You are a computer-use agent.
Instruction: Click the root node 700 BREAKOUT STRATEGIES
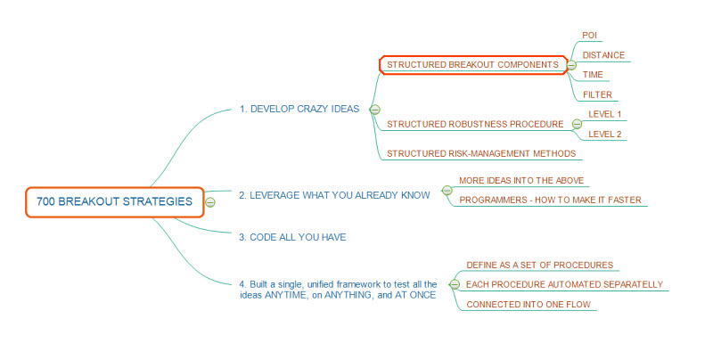pos(114,201)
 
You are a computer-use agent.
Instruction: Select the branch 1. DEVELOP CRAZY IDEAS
pos(299,109)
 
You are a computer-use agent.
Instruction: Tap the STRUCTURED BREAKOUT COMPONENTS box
pos(472,64)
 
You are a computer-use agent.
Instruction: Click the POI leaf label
pos(589,35)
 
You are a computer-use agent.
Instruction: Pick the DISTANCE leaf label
pos(603,55)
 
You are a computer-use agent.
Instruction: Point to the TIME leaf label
pos(593,75)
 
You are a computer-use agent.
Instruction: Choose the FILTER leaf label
pos(596,94)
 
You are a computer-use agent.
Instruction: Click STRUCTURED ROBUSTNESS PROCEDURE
pos(475,124)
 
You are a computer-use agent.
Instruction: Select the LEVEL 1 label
pos(605,114)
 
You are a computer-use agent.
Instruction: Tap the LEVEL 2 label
pos(605,134)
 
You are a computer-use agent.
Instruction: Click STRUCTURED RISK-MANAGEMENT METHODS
pos(482,153)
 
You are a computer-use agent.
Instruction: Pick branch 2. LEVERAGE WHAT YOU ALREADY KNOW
pos(334,193)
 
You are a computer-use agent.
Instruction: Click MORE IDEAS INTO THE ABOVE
pos(521,180)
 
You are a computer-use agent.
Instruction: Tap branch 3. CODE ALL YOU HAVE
pos(292,237)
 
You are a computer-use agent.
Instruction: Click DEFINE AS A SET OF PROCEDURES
pos(540,265)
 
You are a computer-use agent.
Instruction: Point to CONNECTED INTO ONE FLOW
pos(529,305)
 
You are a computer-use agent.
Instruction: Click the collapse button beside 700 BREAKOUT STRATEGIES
pos(210,202)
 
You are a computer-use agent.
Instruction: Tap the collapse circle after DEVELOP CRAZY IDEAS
pos(374,109)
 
